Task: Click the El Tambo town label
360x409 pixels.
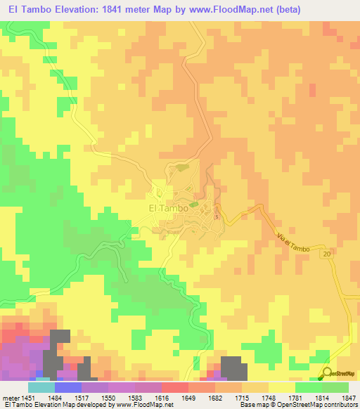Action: coord(168,208)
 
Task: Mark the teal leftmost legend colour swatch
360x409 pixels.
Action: coord(41,387)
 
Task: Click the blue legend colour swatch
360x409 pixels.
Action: coord(67,387)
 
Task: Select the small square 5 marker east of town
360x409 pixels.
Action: coord(217,216)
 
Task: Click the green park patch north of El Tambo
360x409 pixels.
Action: coord(183,167)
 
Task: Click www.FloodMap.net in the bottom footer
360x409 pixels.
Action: coord(145,405)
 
